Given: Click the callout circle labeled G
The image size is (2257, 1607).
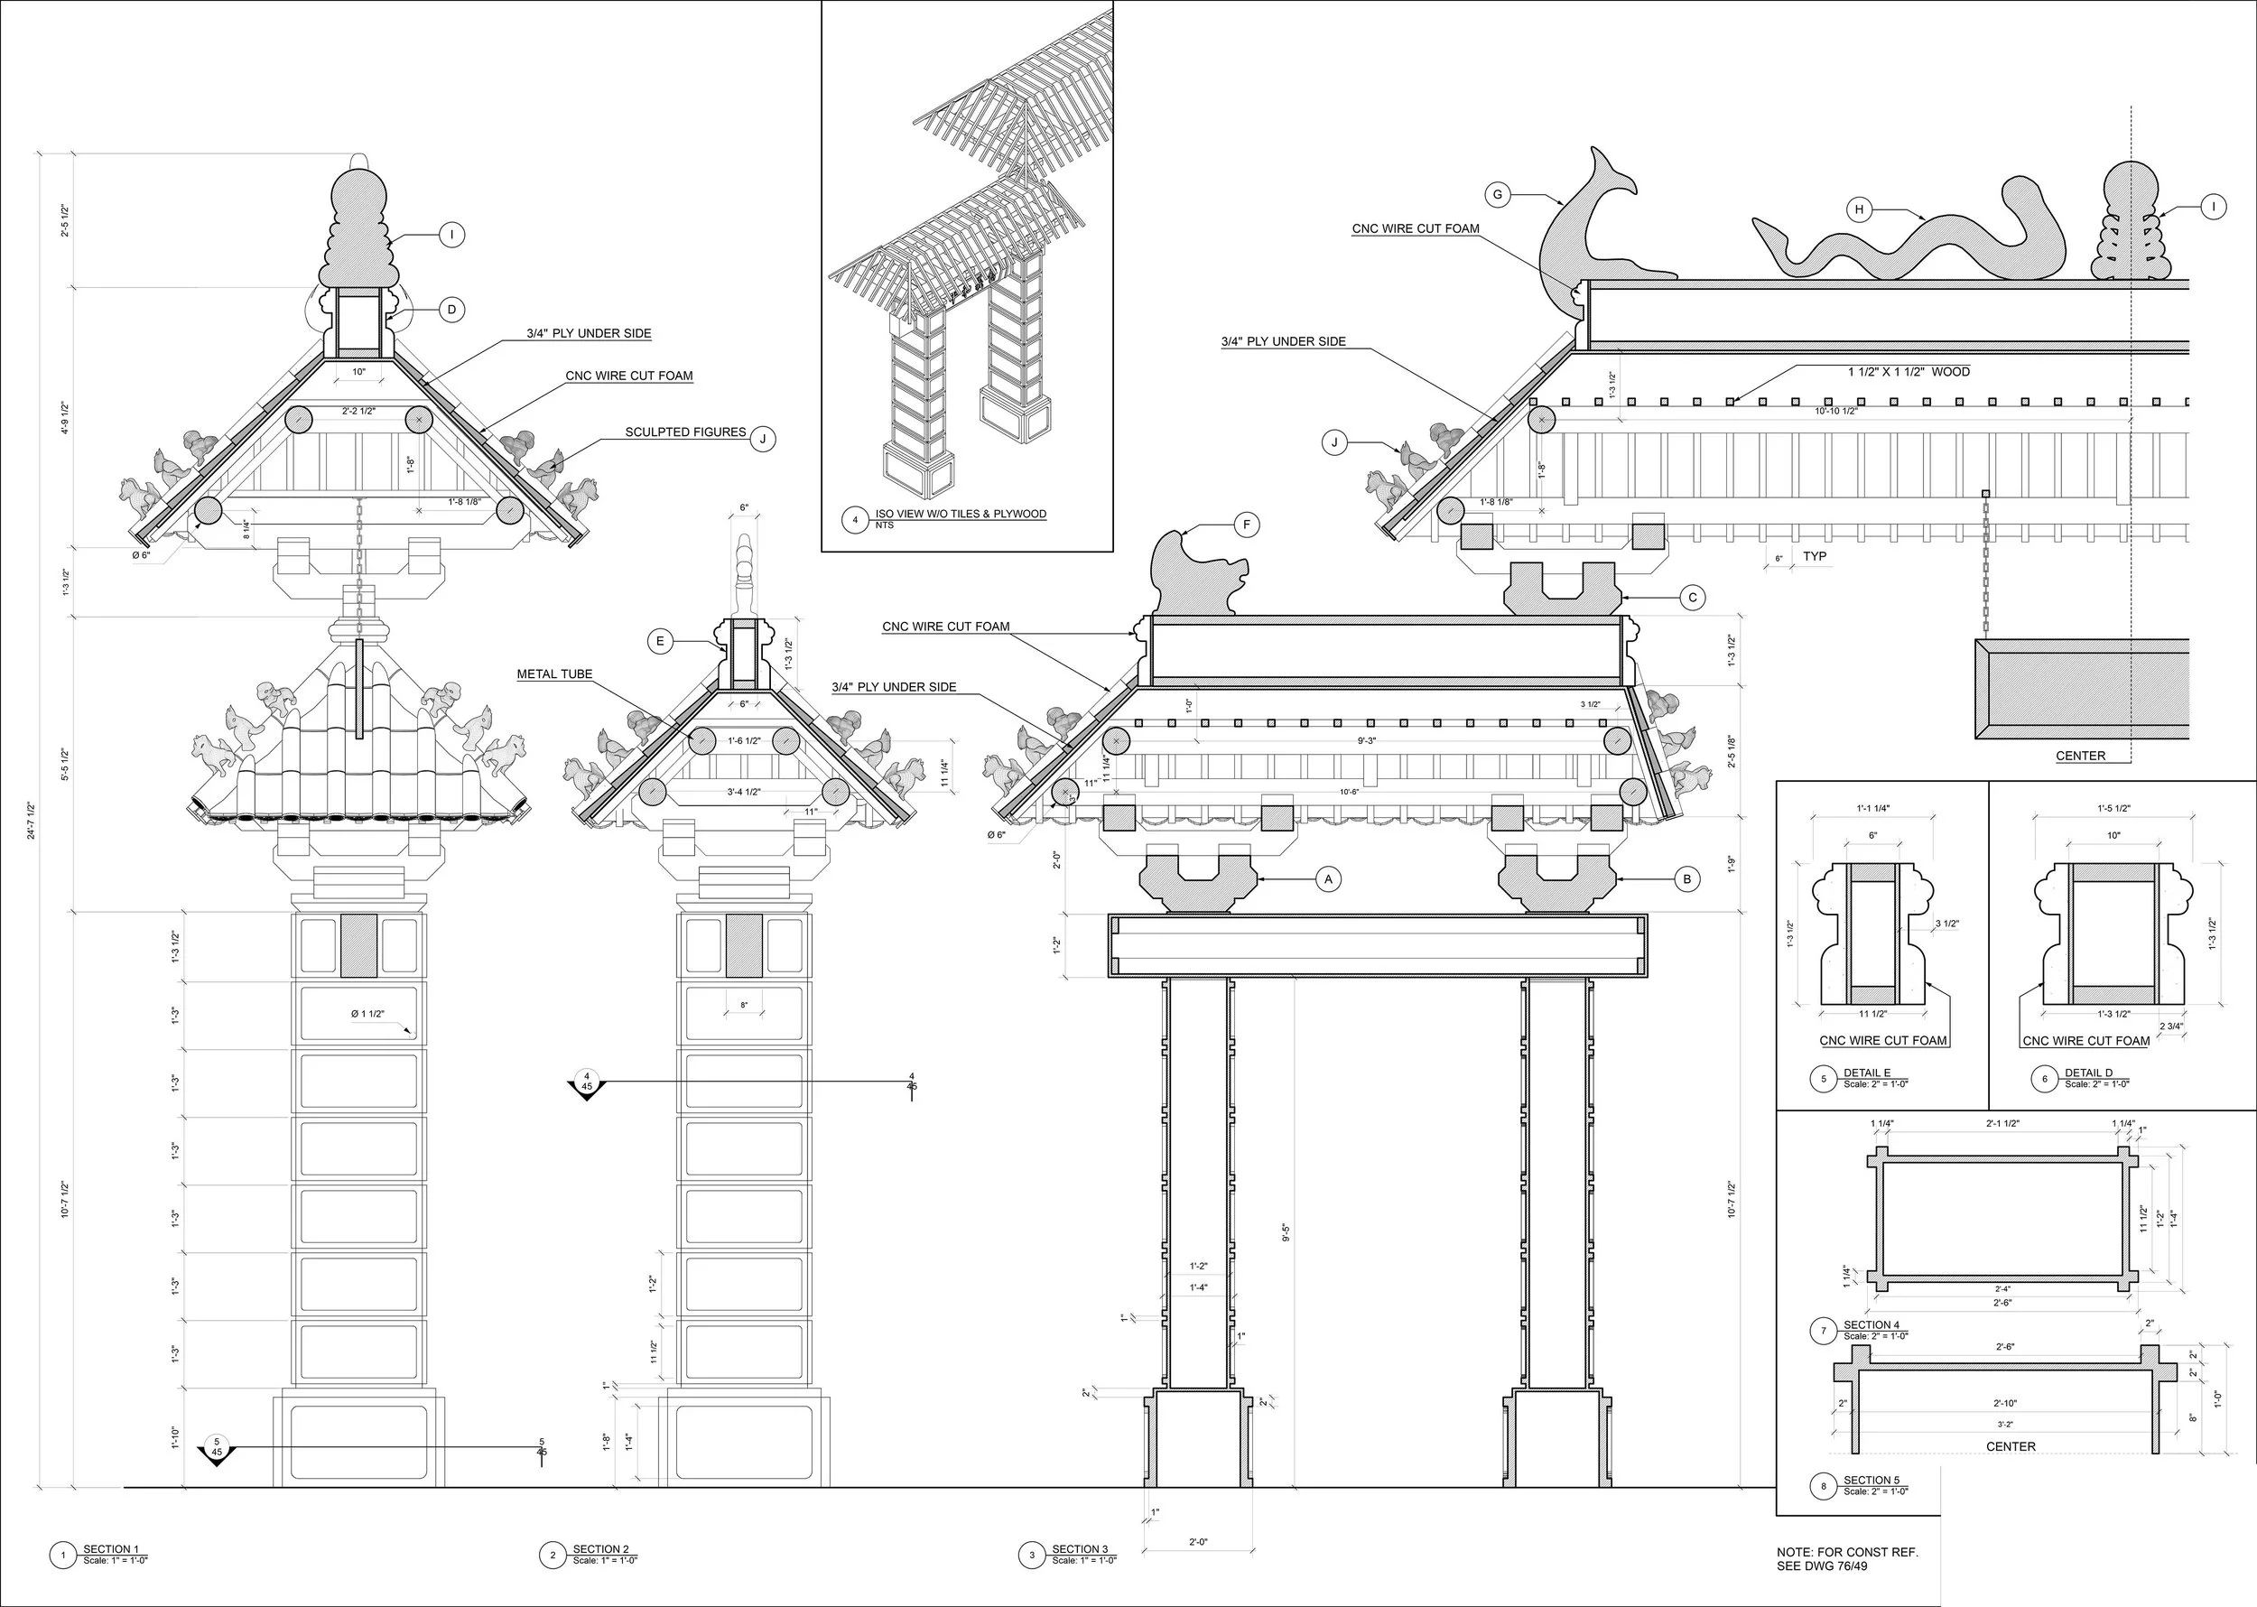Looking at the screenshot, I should pyautogui.click(x=1497, y=195).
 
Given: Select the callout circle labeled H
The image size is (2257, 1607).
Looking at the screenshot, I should pyautogui.click(x=1859, y=209).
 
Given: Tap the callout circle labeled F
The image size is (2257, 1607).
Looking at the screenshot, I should pyautogui.click(x=1247, y=525).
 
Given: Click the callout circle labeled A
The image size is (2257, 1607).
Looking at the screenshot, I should pyautogui.click(x=1328, y=878).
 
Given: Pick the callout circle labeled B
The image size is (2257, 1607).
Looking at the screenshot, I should pyautogui.click(x=1686, y=878).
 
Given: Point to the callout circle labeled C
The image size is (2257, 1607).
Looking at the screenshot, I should pyautogui.click(x=1692, y=598).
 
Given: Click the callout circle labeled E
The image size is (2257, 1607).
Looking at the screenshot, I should pyautogui.click(x=660, y=641).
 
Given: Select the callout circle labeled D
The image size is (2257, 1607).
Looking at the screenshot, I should pyautogui.click(x=451, y=310).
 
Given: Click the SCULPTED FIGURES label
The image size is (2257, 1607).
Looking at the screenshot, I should pyautogui.click(x=684, y=432).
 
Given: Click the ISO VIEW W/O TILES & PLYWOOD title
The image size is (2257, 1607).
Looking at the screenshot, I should pyautogui.click(x=960, y=515).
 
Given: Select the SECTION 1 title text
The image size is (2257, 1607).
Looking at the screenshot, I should pyautogui.click(x=111, y=1549).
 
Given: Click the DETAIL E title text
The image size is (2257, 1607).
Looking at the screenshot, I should pyautogui.click(x=1866, y=1073).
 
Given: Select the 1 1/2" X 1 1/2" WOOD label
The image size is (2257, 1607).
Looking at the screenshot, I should pyautogui.click(x=1909, y=372).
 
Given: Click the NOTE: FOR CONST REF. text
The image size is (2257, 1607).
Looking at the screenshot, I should pyautogui.click(x=1847, y=1553).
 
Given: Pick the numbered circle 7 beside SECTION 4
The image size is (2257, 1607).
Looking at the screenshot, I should pyautogui.click(x=1824, y=1331).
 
